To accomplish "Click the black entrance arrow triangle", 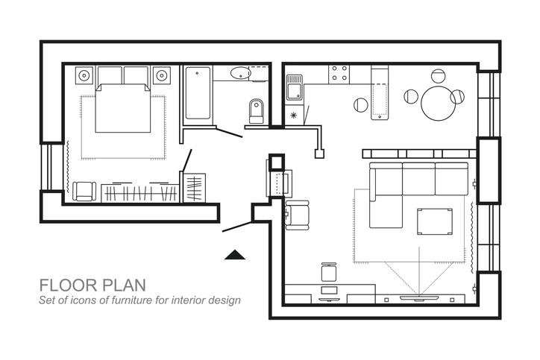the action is point(235,255).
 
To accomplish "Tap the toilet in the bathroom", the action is point(256,111).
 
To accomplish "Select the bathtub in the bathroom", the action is point(198,93).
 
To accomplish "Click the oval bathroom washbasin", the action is point(240,73).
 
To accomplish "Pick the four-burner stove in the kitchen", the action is point(339,74).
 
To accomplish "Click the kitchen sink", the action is point(295,87).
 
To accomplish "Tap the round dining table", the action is point(438,104).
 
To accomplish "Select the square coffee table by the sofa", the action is point(435,221).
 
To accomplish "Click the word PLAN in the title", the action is point(124,285).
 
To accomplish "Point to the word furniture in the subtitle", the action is point(131,300).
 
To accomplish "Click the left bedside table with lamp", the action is point(84,75).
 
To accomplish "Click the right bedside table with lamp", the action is point(162,75).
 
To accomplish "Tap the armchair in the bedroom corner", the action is point(84,192).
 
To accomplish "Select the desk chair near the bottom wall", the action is point(328,272).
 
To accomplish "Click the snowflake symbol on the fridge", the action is point(293,115).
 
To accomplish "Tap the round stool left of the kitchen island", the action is point(360,104).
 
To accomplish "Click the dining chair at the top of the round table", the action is point(438,76).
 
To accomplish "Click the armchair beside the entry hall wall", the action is point(297,215).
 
